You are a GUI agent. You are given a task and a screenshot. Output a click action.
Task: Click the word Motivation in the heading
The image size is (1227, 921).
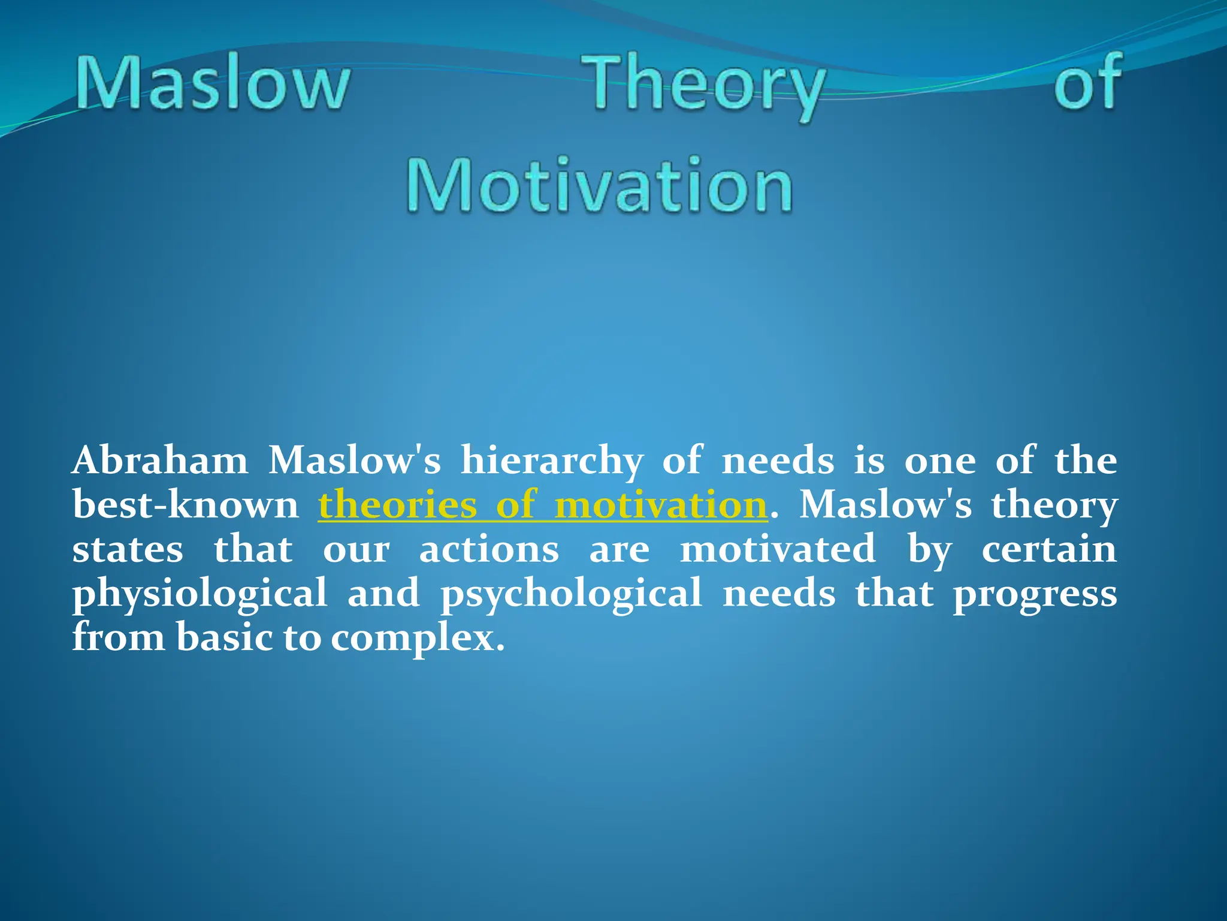point(600,185)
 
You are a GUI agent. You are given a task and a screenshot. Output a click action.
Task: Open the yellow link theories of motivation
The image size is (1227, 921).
point(542,505)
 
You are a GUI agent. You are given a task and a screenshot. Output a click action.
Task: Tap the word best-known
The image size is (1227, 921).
point(185,505)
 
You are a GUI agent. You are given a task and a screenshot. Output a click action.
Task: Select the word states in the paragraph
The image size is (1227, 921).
point(128,550)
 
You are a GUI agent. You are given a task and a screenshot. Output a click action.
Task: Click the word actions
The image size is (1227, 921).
point(489,550)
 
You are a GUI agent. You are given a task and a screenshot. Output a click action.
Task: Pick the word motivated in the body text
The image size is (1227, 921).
point(778,550)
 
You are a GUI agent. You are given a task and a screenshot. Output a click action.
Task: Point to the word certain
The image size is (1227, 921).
point(1049,550)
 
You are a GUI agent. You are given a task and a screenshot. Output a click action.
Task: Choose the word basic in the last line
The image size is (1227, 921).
point(225,638)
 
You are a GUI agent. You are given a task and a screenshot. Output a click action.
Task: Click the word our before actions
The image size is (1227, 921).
point(356,550)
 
